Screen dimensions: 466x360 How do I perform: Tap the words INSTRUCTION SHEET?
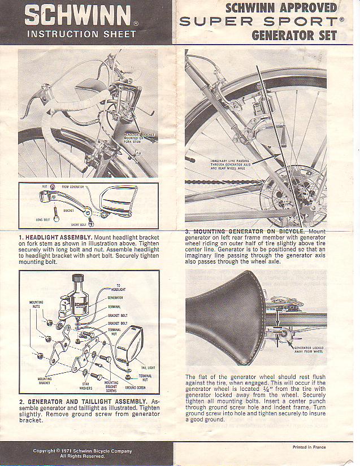click(81, 34)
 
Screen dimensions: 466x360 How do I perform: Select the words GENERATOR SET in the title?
click(294, 36)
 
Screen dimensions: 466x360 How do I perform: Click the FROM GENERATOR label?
click(73, 187)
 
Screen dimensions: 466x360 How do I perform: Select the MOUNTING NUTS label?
click(36, 304)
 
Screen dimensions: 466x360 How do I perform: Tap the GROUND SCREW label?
click(134, 388)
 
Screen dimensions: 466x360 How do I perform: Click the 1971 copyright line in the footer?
click(83, 451)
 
